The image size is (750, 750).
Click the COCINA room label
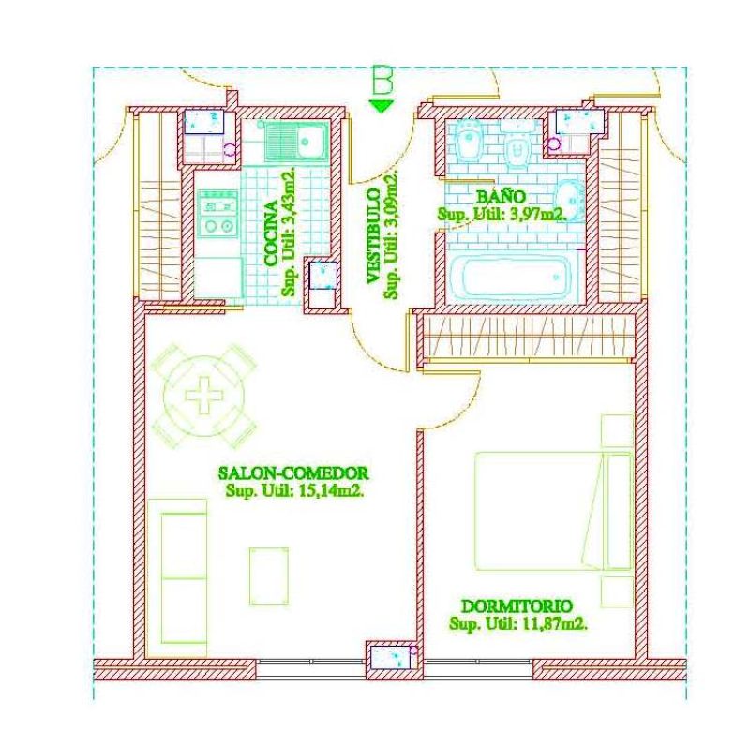click(271, 233)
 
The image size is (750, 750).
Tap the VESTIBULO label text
click(374, 236)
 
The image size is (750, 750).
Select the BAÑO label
click(502, 197)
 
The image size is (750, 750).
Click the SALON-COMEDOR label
click(293, 473)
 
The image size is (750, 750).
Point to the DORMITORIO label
click(517, 606)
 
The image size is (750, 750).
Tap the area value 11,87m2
click(554, 623)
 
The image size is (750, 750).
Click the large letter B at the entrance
click(382, 80)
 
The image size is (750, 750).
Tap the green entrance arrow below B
click(382, 106)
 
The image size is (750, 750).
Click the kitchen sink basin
click(310, 141)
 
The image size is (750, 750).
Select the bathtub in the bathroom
click(512, 277)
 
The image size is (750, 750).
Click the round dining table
click(204, 396)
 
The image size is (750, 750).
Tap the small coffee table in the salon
click(269, 576)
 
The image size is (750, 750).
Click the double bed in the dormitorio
click(554, 511)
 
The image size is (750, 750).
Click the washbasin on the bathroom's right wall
click(571, 201)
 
